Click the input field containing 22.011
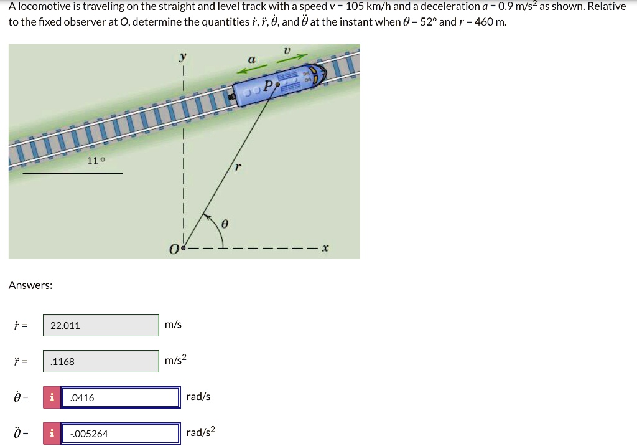click(100, 325)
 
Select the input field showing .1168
click(100, 361)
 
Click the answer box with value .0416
click(120, 397)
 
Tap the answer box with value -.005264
click(120, 434)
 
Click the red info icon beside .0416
click(51, 397)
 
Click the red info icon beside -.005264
click(51, 434)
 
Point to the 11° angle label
click(96, 161)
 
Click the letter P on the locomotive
click(267, 86)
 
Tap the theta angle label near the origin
click(226, 223)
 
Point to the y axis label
click(182, 56)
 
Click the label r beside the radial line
click(238, 167)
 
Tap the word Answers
click(30, 285)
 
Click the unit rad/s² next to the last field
click(200, 432)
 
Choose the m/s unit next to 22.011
click(173, 325)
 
